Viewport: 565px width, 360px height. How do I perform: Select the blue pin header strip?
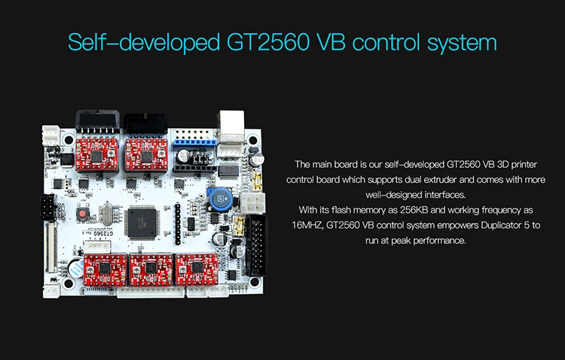pos(194,139)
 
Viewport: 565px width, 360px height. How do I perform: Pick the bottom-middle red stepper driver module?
pos(147,267)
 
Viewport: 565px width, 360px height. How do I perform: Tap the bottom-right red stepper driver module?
pos(193,267)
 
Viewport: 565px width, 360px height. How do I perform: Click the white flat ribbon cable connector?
pos(53,242)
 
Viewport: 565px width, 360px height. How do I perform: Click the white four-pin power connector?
pos(254,203)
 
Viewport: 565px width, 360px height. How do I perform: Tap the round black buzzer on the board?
pos(75,267)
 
